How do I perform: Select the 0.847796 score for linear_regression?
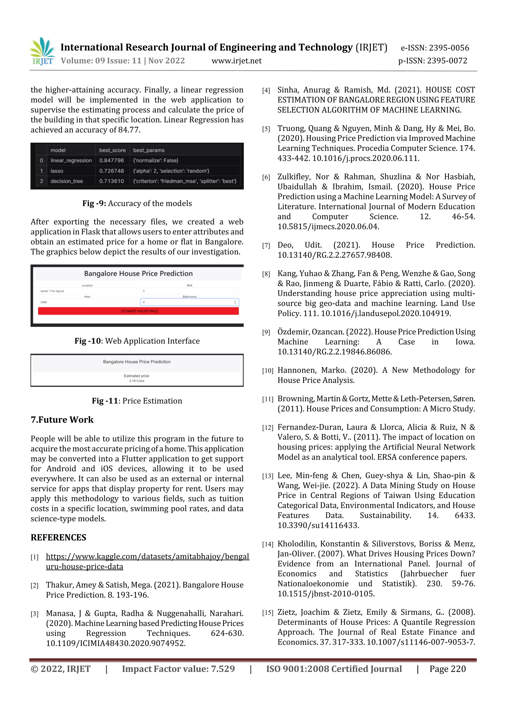[x=111, y=160]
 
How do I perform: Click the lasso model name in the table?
[x=57, y=171]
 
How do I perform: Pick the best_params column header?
[x=149, y=150]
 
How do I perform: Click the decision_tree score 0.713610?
[x=111, y=181]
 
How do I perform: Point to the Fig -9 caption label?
[x=94, y=203]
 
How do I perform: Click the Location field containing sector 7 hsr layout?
[x=87, y=291]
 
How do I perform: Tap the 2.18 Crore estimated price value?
[x=137, y=381]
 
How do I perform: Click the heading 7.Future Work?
[x=62, y=420]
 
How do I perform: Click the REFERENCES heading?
[x=58, y=537]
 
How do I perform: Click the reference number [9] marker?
[x=266, y=332]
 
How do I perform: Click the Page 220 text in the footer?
[x=447, y=669]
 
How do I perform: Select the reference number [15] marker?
[x=267, y=613]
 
